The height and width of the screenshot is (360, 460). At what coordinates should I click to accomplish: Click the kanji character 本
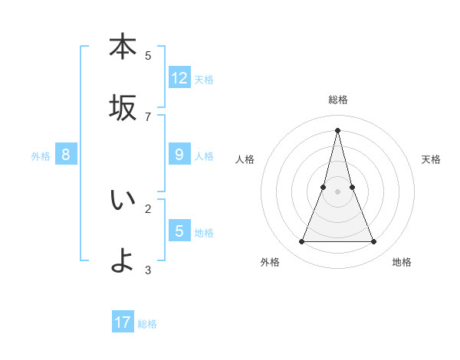tap(123, 47)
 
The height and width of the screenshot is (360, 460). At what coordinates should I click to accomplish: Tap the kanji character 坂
tap(123, 108)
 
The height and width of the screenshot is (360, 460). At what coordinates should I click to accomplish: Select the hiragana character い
tap(123, 201)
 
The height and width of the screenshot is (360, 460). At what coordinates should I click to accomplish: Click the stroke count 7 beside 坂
tap(148, 116)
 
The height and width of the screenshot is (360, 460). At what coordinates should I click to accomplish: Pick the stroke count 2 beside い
tap(148, 208)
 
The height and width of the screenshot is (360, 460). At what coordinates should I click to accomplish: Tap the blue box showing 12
tap(179, 78)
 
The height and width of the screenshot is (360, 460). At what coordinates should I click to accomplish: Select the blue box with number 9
tap(179, 155)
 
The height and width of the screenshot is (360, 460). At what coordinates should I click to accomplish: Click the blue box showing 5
tap(179, 231)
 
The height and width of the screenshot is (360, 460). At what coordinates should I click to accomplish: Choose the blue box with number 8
tap(66, 155)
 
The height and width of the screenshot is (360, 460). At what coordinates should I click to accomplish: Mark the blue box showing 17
tap(123, 322)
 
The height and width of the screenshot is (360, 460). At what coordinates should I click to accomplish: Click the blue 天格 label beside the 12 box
tap(204, 79)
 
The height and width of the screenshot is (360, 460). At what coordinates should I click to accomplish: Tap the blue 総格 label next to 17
tap(147, 323)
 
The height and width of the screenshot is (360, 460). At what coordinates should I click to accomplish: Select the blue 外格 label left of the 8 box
tap(41, 155)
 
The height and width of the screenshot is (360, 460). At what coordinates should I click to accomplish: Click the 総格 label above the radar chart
tap(337, 100)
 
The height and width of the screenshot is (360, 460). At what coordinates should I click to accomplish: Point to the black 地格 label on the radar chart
tap(402, 262)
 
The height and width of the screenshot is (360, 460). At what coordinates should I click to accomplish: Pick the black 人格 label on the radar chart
tap(245, 159)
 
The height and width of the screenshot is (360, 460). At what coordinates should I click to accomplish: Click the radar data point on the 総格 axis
tap(337, 129)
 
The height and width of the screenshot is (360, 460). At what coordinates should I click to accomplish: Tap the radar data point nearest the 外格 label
tap(301, 242)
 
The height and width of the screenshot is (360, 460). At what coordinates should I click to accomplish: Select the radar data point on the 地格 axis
tap(373, 242)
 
